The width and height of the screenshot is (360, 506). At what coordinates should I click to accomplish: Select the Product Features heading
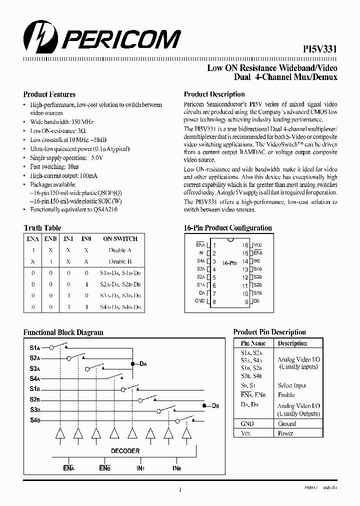tap(49, 94)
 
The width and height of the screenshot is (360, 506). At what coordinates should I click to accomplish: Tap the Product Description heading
tap(214, 94)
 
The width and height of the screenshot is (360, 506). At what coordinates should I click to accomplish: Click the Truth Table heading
tap(42, 228)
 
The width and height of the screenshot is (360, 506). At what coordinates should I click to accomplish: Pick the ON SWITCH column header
tap(120, 239)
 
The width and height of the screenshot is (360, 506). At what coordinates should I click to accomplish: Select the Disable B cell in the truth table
tap(120, 261)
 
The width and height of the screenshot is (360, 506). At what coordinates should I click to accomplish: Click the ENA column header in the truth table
tap(32, 239)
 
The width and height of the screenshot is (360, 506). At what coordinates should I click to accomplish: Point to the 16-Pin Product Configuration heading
tap(228, 228)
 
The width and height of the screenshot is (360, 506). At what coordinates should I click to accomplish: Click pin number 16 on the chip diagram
tap(245, 245)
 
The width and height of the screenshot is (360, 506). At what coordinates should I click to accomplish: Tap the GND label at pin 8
tap(200, 301)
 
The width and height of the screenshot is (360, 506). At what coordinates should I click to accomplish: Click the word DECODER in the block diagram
tap(125, 450)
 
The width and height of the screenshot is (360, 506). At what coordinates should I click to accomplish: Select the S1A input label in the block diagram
tap(34, 347)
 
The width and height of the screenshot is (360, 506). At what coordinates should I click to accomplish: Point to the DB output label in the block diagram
tap(215, 405)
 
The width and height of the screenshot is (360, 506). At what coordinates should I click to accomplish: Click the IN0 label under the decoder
tap(176, 468)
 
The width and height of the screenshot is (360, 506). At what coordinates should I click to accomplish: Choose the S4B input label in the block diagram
tap(34, 420)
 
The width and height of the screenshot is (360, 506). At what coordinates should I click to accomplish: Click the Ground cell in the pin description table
tap(287, 423)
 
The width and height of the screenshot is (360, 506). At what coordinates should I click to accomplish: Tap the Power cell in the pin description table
tap(285, 433)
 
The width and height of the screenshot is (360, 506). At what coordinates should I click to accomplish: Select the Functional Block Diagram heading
tap(63, 332)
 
